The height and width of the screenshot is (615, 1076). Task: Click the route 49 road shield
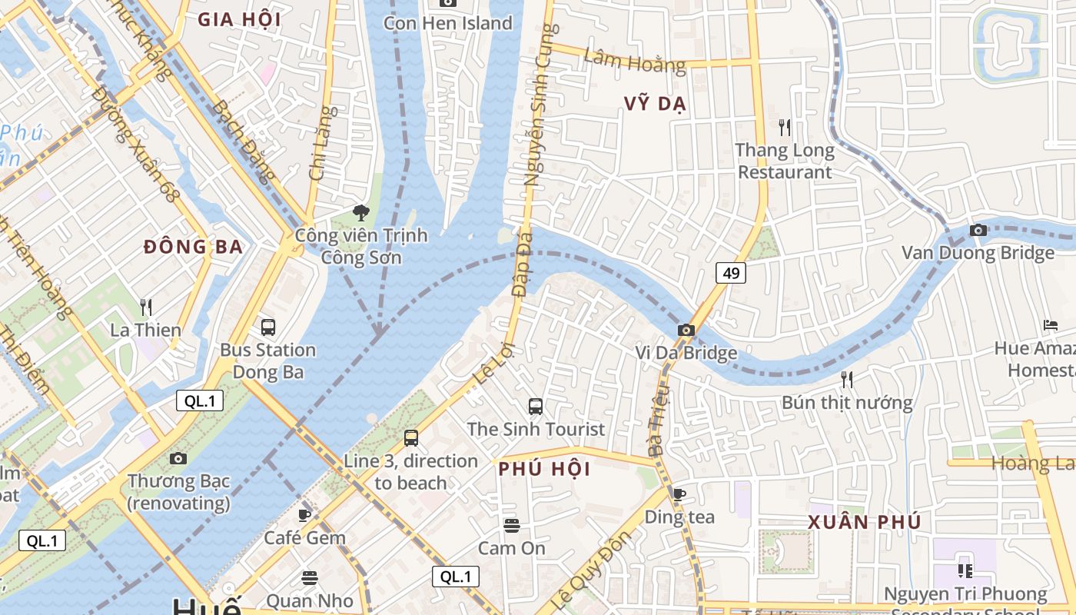coord(731,273)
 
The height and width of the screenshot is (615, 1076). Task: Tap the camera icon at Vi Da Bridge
coord(686,331)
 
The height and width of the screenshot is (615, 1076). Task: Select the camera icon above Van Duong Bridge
coord(978,230)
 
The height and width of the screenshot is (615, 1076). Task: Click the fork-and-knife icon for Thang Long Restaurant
coord(784,127)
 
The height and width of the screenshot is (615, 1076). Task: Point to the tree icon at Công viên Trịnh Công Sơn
coord(360,213)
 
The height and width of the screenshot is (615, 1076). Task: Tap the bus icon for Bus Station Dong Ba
coord(267,327)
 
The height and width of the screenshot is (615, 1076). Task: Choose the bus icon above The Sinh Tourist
coord(536,407)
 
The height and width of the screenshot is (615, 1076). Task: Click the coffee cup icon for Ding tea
coord(679,494)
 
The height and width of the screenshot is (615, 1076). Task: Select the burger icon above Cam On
coord(511,526)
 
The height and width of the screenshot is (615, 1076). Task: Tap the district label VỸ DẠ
coord(654,105)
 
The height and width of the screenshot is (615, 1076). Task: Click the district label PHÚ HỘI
coord(544,469)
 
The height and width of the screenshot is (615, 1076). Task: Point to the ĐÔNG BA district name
coord(194,247)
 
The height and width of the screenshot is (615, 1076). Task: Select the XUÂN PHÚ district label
coord(864,523)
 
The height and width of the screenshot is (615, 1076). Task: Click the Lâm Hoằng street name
coord(635,60)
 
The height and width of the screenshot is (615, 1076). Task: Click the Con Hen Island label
coord(447,23)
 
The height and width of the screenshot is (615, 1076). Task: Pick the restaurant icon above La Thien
coord(146,307)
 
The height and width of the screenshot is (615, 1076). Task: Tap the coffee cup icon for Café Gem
coord(304,515)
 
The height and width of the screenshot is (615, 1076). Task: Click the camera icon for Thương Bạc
coord(178,459)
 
